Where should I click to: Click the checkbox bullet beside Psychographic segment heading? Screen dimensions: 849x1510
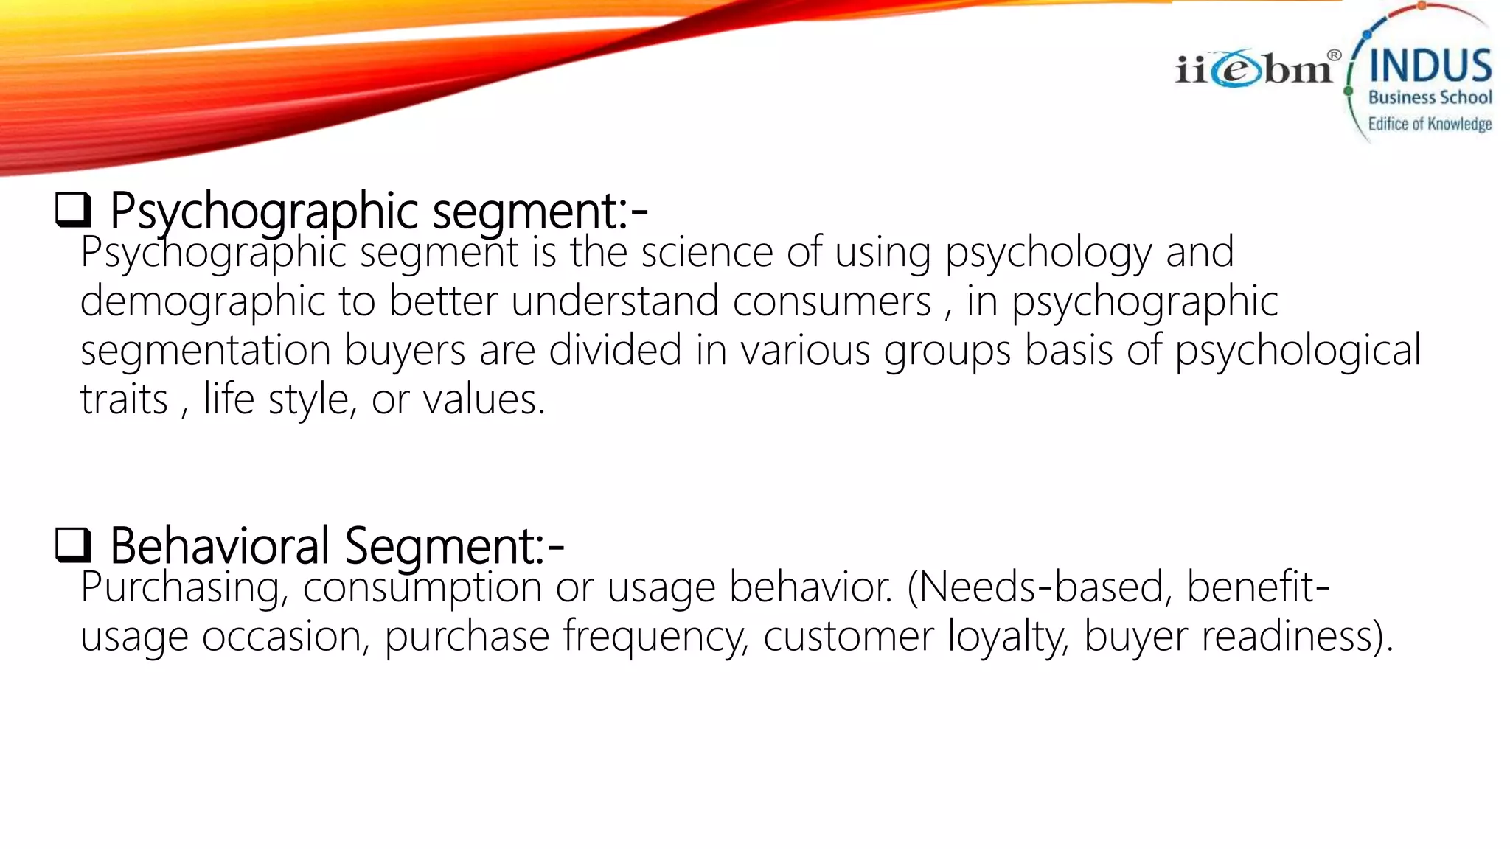72,210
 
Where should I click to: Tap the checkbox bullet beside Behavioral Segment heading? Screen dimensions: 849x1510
72,545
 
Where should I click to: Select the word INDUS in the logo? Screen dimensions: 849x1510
1430,66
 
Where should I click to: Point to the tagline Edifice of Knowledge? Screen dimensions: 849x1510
1430,124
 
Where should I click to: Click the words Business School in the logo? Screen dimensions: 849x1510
1430,97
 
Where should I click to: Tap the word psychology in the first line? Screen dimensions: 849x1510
1048,254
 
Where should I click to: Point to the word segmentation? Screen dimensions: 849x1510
205,350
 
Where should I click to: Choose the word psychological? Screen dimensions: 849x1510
1297,351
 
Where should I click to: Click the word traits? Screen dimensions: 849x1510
124,399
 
